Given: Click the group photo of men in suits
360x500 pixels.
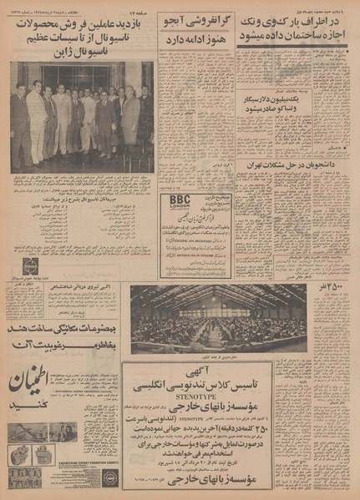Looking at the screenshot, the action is coord(81,117).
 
